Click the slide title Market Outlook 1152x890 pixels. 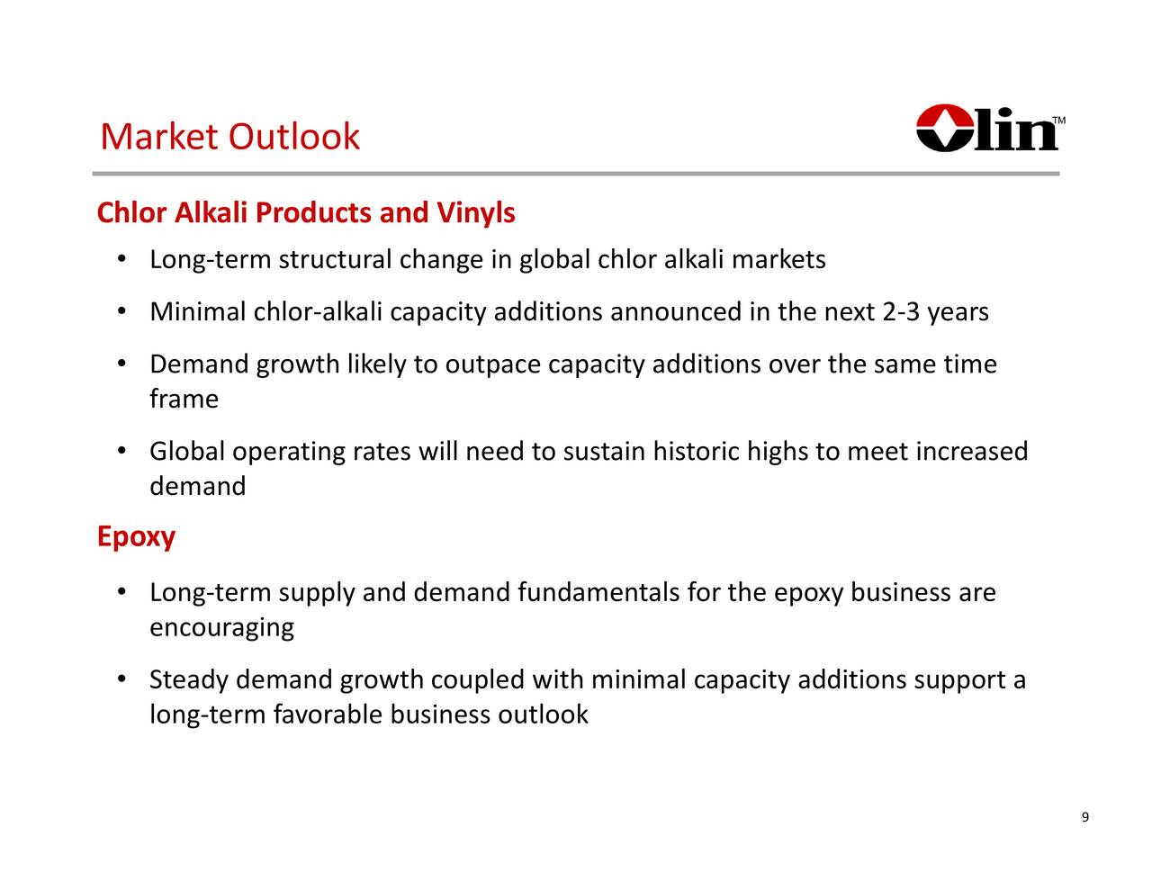(230, 137)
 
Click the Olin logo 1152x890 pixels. (987, 130)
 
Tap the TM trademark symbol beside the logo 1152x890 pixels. (1059, 120)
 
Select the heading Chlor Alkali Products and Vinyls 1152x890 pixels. (306, 213)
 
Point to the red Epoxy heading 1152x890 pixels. (136, 537)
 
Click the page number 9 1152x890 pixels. (1084, 817)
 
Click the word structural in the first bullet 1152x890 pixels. (335, 260)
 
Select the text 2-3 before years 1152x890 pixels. (901, 312)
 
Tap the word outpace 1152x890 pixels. (493, 364)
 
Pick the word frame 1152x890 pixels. (184, 399)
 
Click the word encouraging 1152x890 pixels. (221, 627)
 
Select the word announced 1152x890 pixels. (675, 312)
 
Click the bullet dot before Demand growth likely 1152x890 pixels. (121, 364)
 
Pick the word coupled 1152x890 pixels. (478, 679)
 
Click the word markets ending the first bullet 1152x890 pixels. (778, 260)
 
